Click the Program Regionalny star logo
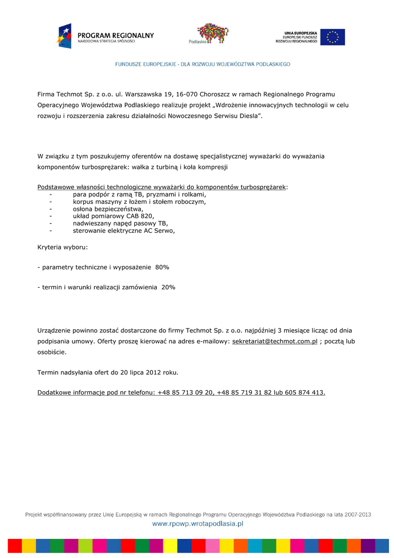[64, 36]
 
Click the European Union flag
[332, 37]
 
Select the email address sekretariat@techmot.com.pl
[275, 341]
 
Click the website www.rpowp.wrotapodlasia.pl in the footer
[197, 524]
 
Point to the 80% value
[162, 267]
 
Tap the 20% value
[168, 287]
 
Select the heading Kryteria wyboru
[63, 247]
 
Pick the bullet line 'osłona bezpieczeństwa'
[108, 209]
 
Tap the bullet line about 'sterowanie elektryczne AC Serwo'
[124, 231]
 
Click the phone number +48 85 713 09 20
[185, 392]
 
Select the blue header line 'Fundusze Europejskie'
[202, 64]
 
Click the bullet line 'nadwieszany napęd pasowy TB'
[120, 223]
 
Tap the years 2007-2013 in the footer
[358, 514]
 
